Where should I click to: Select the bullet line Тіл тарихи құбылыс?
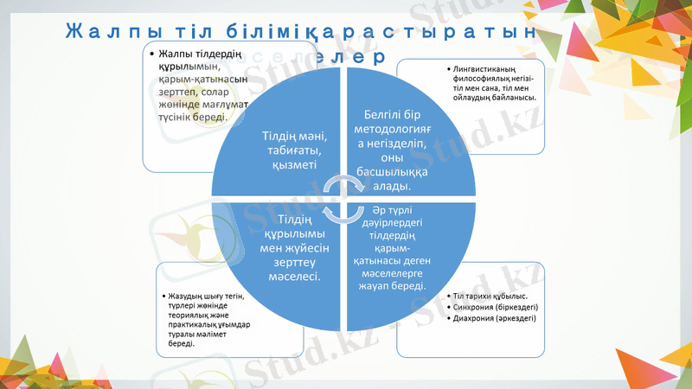[490, 297]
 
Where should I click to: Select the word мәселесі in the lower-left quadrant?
[293, 277]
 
